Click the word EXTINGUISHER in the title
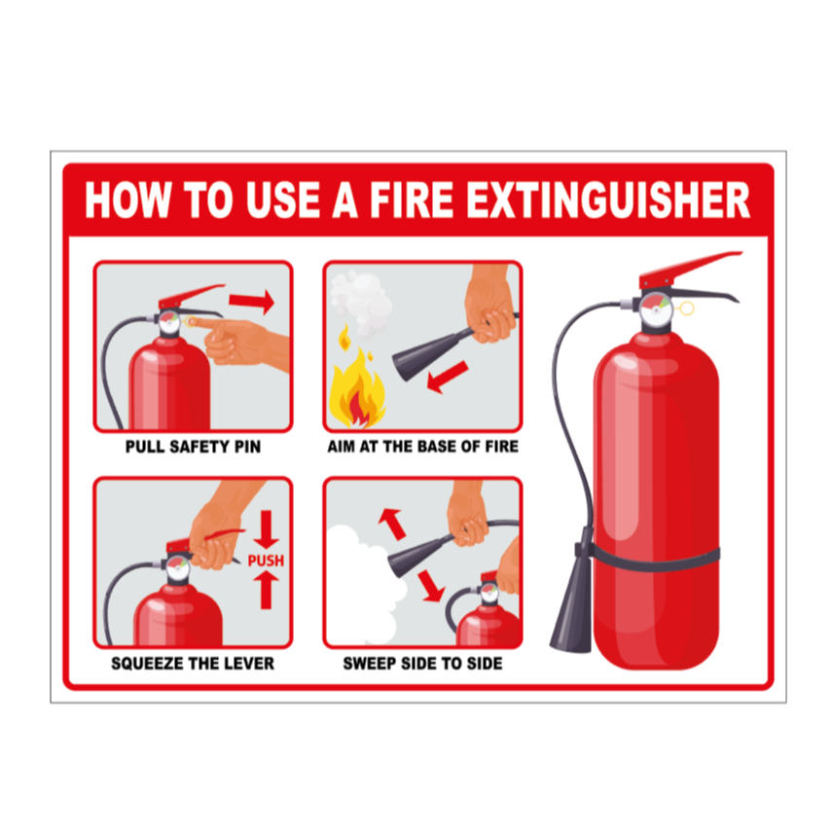pyautogui.click(x=608, y=200)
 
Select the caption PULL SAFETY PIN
pyautogui.click(x=193, y=447)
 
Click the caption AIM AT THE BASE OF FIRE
pyautogui.click(x=423, y=447)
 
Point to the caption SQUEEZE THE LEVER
pyautogui.click(x=193, y=664)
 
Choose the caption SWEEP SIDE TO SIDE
pyautogui.click(x=423, y=664)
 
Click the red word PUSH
pyautogui.click(x=266, y=561)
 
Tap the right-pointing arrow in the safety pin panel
pyautogui.click(x=252, y=302)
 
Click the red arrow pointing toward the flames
pyautogui.click(x=448, y=377)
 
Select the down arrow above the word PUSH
pyautogui.click(x=266, y=529)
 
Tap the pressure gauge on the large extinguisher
pyautogui.click(x=656, y=310)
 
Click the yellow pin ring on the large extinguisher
pyautogui.click(x=687, y=308)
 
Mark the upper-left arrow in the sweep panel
pyautogui.click(x=392, y=524)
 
